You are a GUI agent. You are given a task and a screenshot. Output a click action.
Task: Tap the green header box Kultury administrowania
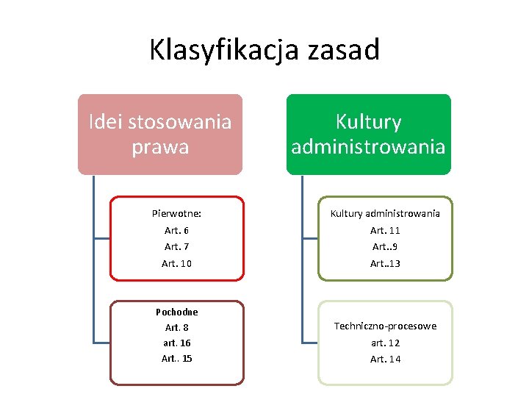pyautogui.click(x=368, y=134)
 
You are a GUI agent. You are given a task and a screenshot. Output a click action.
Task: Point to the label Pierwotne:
pyautogui.click(x=176, y=214)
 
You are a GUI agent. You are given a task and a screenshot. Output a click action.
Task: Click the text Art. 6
pyautogui.click(x=176, y=230)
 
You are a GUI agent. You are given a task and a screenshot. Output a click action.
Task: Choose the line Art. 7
pyautogui.click(x=176, y=246)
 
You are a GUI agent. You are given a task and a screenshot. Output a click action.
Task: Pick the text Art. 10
pyautogui.click(x=176, y=263)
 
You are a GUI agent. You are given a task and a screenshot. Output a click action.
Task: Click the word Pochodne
pyautogui.click(x=176, y=312)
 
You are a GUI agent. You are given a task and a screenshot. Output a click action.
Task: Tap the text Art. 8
pyautogui.click(x=176, y=327)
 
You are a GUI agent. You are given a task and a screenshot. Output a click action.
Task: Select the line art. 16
pyautogui.click(x=176, y=343)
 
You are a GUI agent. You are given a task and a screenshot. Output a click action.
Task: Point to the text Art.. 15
pyautogui.click(x=176, y=359)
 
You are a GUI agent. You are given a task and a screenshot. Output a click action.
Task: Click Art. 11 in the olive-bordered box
pyautogui.click(x=385, y=230)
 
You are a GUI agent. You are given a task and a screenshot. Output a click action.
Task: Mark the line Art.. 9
pyautogui.click(x=385, y=246)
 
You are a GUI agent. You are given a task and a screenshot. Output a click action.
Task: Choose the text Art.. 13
pyautogui.click(x=385, y=263)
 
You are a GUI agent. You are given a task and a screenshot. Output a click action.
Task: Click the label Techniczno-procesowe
pyautogui.click(x=385, y=326)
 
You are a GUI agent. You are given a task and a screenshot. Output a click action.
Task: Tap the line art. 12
pyautogui.click(x=385, y=343)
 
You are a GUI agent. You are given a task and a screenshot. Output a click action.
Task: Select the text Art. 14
pyautogui.click(x=385, y=359)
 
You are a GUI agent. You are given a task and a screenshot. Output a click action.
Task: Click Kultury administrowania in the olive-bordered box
pyautogui.click(x=385, y=214)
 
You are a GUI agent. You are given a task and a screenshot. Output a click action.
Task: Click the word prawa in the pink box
pyautogui.click(x=160, y=146)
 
